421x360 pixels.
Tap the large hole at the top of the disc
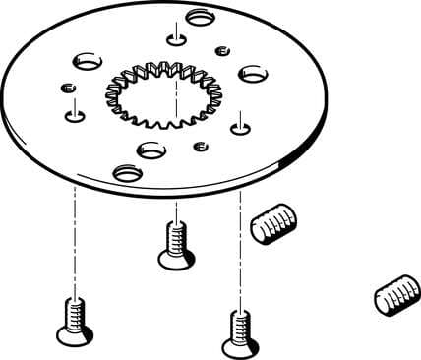coord(201,17)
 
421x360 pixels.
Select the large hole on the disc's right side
coord(254,73)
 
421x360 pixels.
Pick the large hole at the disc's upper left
coord(86,61)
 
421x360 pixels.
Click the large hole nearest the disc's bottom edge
coord(127,173)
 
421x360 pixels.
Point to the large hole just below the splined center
coord(151,150)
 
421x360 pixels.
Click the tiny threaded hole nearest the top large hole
coord(222,50)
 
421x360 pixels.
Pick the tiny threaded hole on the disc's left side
coord(68,90)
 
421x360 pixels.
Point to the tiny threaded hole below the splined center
coord(200,147)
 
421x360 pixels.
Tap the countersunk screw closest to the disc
coord(176,246)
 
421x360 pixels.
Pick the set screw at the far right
coord(396,295)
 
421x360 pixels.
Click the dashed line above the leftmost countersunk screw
coord(74,236)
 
